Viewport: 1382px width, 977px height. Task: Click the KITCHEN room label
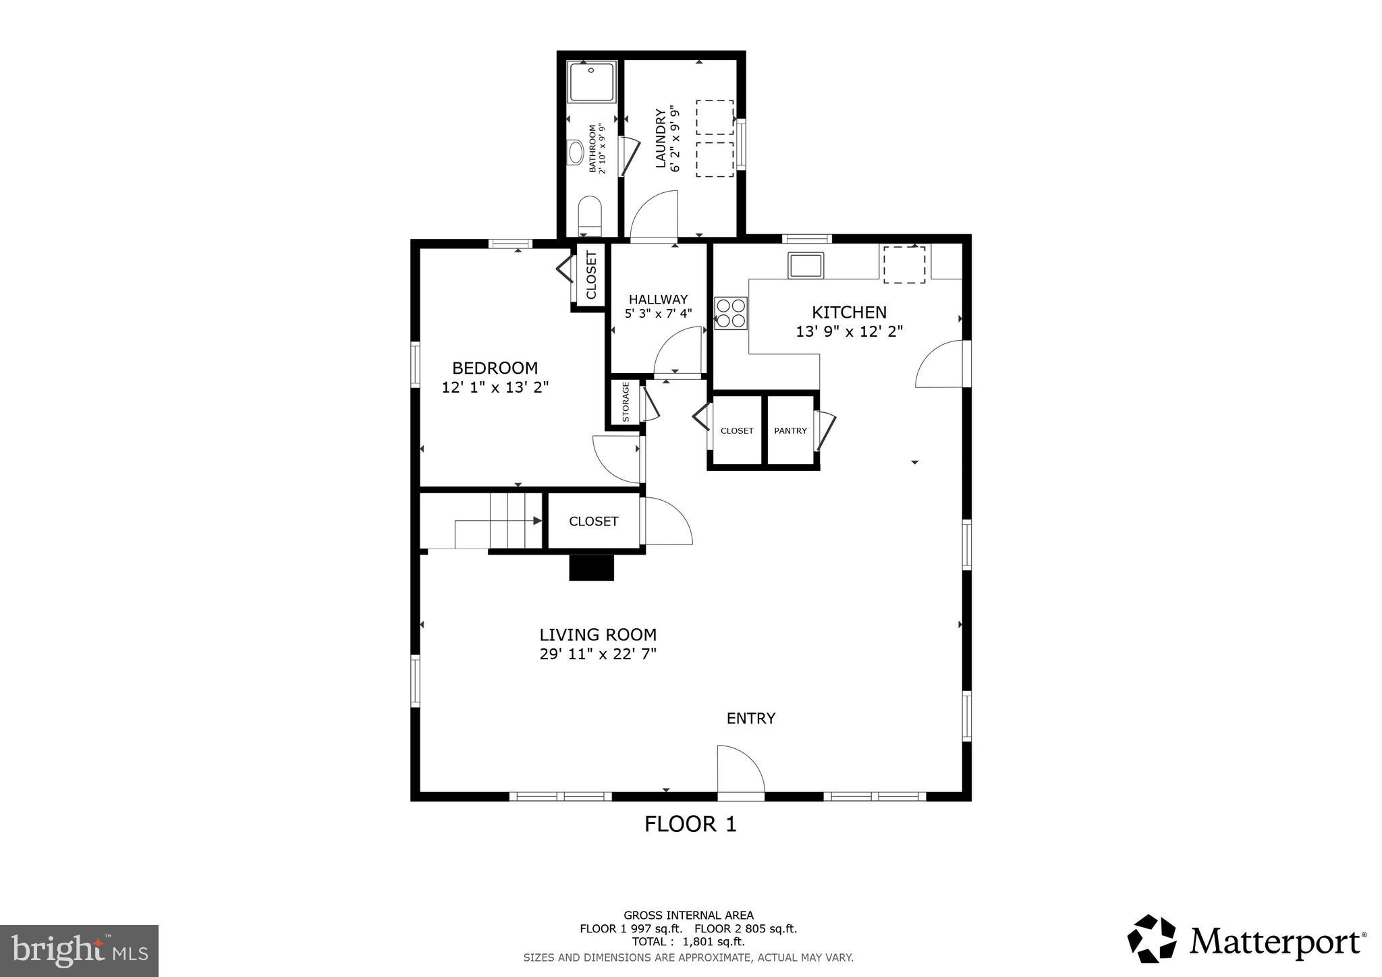click(849, 312)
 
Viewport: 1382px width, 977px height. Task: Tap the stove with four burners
click(731, 313)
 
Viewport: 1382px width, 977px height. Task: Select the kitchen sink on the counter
click(806, 265)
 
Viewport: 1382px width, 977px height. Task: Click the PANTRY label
click(790, 431)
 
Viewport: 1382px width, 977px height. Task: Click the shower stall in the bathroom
click(591, 82)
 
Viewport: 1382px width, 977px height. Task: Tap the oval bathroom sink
click(576, 152)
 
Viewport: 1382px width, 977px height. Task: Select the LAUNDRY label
click(661, 138)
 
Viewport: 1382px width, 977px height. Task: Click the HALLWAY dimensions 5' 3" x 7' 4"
click(658, 314)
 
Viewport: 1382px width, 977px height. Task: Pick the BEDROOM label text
click(495, 368)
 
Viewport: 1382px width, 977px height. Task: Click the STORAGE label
click(626, 402)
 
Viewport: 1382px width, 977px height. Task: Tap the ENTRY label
click(750, 719)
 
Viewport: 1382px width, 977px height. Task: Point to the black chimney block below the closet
click(592, 567)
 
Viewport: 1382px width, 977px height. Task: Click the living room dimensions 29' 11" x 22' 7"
click(598, 654)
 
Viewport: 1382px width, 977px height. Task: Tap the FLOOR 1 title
click(690, 825)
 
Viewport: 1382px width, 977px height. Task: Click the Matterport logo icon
click(1151, 939)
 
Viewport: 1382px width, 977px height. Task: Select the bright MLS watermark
click(80, 951)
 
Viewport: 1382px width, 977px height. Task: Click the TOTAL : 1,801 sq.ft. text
click(688, 942)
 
